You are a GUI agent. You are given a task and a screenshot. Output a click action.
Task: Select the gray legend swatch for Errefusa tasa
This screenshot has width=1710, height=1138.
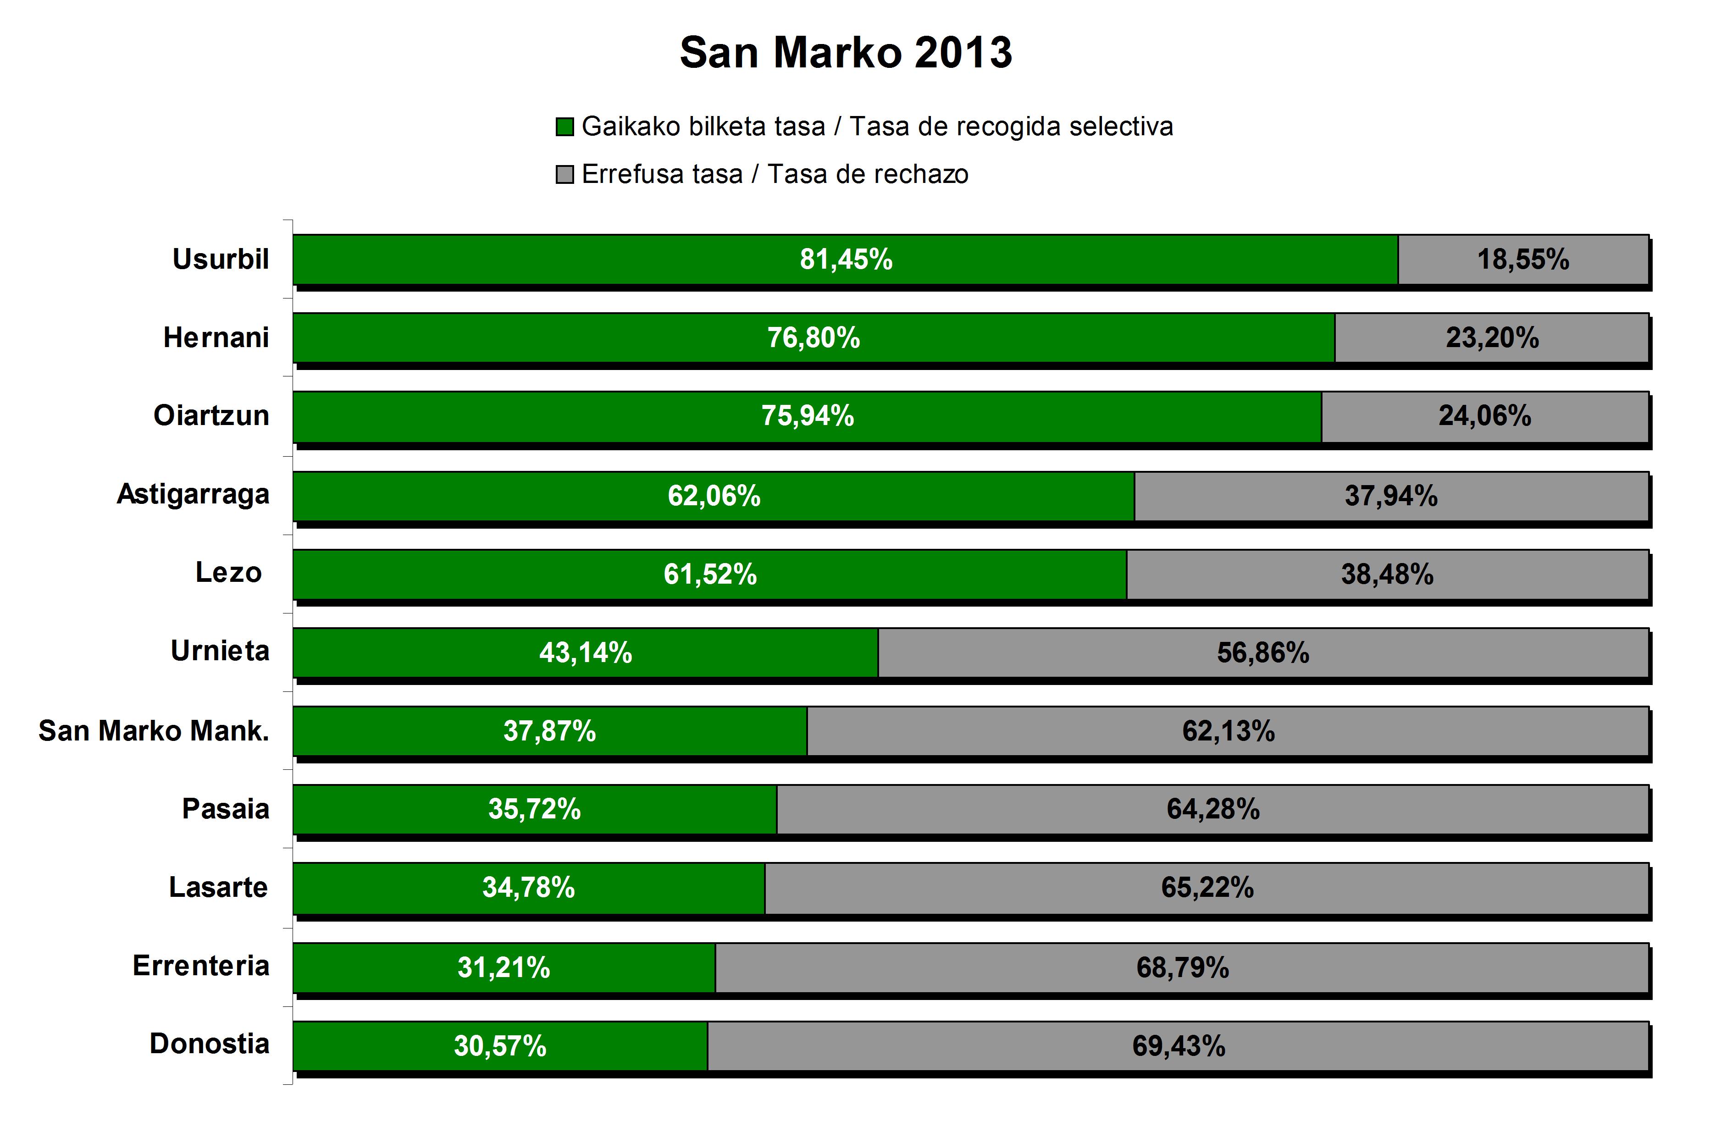564,175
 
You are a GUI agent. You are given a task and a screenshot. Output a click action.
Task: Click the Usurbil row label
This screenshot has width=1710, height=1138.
220,259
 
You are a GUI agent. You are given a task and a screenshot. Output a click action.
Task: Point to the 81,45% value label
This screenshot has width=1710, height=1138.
846,259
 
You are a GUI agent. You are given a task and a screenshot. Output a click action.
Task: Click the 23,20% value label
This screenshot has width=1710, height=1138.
1492,337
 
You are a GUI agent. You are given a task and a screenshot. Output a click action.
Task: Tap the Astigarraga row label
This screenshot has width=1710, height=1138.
193,494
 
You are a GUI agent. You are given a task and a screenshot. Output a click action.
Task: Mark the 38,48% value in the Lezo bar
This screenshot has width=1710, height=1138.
1387,574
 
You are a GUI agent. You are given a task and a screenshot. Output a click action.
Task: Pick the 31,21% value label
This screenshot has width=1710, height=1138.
503,967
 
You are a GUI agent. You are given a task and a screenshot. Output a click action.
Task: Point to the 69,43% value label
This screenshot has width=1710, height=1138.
1178,1046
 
